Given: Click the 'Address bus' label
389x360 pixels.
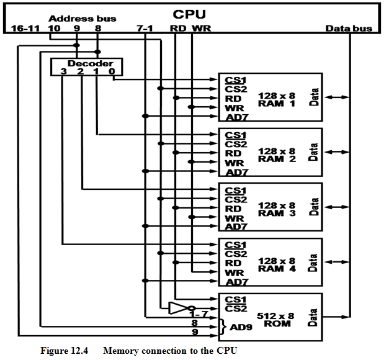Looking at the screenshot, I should click(73, 19).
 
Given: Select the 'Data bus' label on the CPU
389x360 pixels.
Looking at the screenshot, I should click(349, 29).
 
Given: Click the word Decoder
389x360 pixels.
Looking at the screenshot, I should click(86, 63).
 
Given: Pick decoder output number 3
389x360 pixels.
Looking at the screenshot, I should click(63, 72).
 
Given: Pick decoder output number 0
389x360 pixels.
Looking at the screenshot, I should click(112, 72).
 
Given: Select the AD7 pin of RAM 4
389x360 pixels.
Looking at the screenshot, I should click(237, 282).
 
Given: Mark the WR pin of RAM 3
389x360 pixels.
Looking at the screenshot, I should click(234, 218).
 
